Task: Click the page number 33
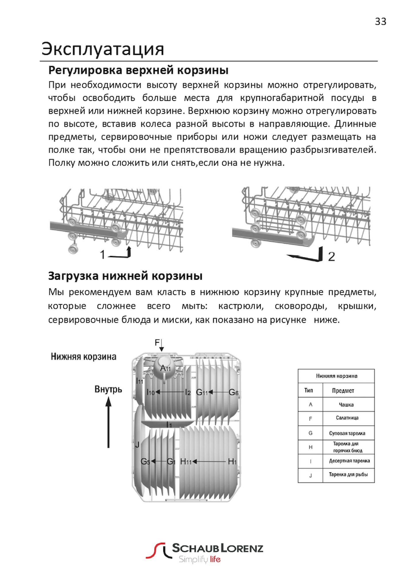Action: [x=380, y=22]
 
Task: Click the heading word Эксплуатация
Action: [x=103, y=49]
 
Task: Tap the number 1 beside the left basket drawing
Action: [x=102, y=254]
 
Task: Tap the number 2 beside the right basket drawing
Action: [x=331, y=256]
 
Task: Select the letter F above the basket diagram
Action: [x=157, y=342]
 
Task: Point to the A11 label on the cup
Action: [x=166, y=368]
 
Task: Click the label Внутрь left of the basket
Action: [x=108, y=389]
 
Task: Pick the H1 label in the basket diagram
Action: [x=232, y=462]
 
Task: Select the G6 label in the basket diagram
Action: [x=233, y=392]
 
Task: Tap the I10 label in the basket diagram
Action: [x=151, y=392]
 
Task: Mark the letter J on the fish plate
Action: [x=137, y=445]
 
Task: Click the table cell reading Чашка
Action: [x=346, y=405]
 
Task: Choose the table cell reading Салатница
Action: [x=347, y=418]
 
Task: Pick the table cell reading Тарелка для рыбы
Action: [x=348, y=474]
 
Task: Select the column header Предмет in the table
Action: [x=343, y=391]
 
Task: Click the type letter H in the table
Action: [x=310, y=447]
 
